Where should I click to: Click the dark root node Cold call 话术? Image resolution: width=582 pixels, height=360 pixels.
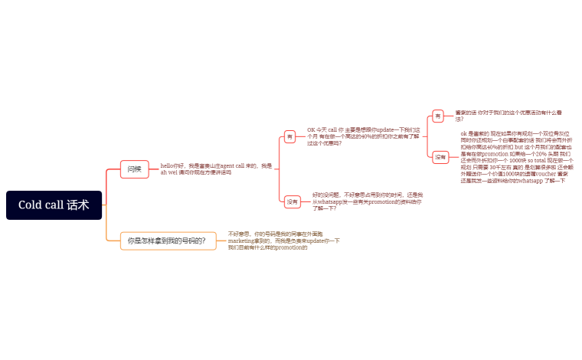[54, 205]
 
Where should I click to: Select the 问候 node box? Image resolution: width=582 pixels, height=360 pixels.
[134, 169]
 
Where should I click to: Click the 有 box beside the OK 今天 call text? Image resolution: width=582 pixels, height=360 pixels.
[290, 136]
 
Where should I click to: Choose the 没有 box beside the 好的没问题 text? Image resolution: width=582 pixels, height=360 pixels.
[293, 202]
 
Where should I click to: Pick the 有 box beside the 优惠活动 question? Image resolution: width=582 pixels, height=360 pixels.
[438, 116]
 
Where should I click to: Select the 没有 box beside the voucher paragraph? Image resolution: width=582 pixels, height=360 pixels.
[440, 157]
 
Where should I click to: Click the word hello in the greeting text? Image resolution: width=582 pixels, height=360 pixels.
[167, 165]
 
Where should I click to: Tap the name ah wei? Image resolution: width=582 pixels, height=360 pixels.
[168, 172]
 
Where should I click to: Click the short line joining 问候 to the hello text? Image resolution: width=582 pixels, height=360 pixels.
[154, 169]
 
